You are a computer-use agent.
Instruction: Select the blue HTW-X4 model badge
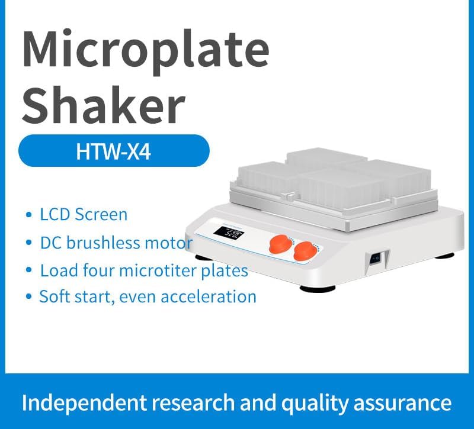(114, 151)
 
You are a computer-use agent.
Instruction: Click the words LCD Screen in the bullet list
(84, 214)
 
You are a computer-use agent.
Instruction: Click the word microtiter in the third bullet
(166, 271)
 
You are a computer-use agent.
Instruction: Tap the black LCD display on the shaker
(230, 235)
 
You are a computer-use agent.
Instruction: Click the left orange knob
(277, 244)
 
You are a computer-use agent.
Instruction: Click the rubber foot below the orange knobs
(319, 288)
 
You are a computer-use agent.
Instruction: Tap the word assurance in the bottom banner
(407, 403)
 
